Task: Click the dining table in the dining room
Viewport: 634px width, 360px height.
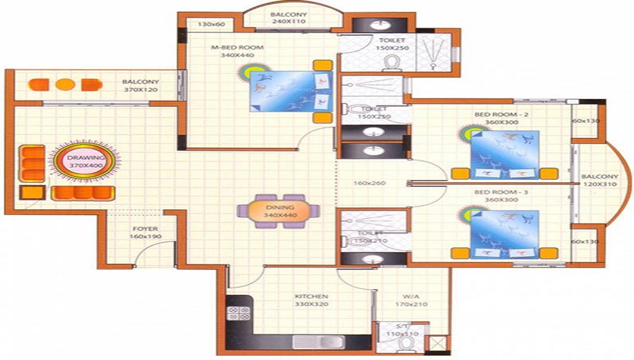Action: pyautogui.click(x=279, y=210)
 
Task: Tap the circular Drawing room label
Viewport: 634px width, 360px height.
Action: pyautogui.click(x=86, y=160)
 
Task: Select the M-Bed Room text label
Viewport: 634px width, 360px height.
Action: pyautogui.click(x=237, y=51)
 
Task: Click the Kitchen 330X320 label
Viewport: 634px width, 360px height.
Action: pyautogui.click(x=311, y=300)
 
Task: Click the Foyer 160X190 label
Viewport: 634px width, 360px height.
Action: pyautogui.click(x=145, y=233)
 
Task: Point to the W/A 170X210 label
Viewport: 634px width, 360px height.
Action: pyautogui.click(x=411, y=300)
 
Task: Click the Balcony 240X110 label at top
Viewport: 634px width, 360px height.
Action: pyautogui.click(x=288, y=18)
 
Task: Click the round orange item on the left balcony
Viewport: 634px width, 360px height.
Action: pyautogui.click(x=64, y=84)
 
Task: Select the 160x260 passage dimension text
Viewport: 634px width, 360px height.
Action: pyautogui.click(x=371, y=184)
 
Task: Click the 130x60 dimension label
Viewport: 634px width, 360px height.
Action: pyautogui.click(x=212, y=24)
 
